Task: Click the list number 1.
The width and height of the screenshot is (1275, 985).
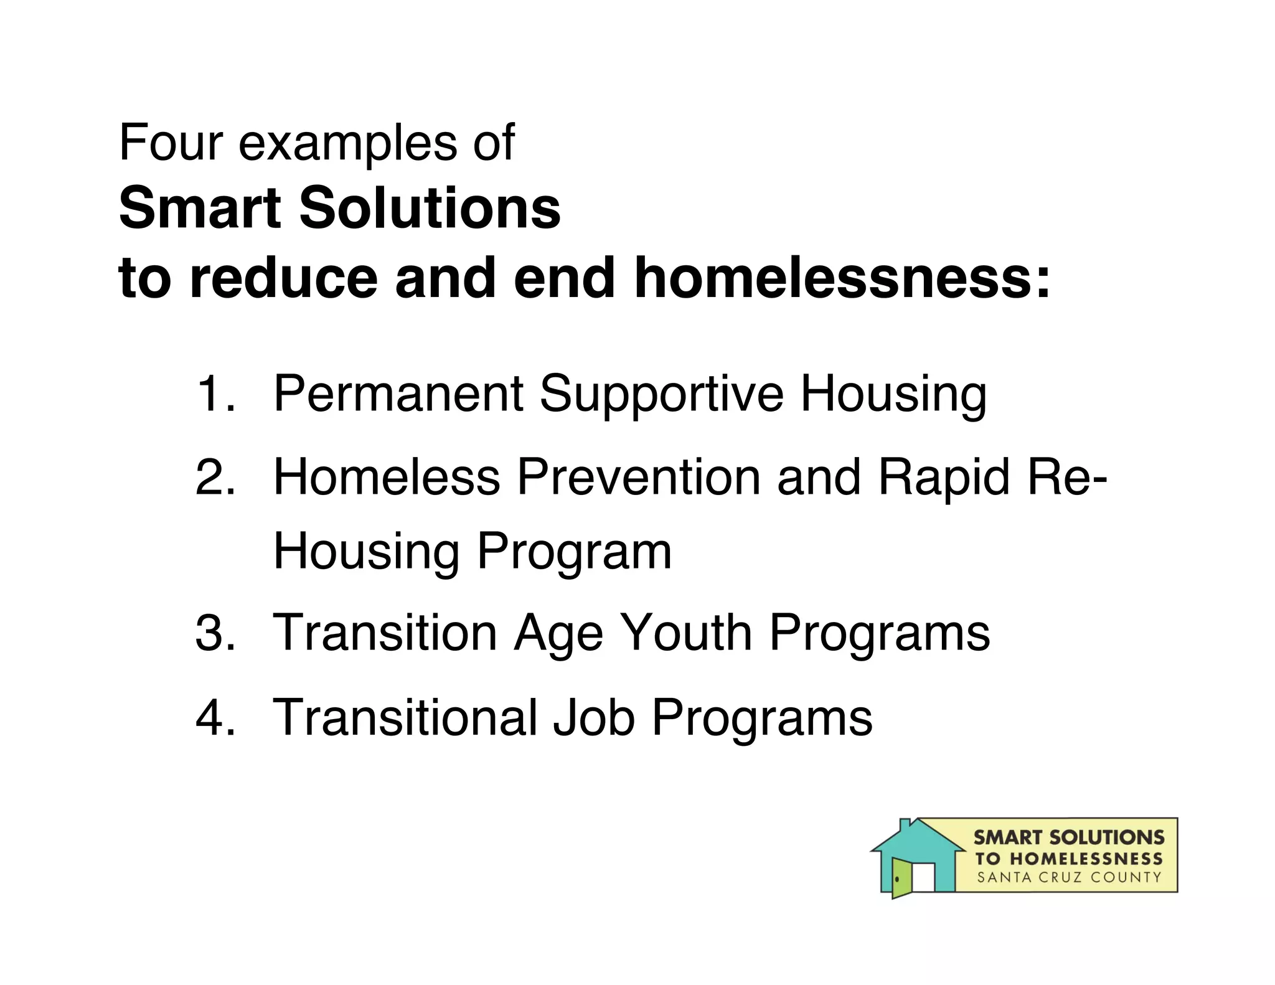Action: [x=215, y=394]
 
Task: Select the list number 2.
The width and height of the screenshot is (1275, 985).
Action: [x=215, y=478]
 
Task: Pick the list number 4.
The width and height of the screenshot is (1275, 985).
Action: [x=215, y=717]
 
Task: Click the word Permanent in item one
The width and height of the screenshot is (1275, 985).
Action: [x=398, y=394]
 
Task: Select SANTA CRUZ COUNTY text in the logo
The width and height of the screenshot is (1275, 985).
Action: [x=1069, y=878]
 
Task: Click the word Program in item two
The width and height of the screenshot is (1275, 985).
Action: [x=574, y=552]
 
